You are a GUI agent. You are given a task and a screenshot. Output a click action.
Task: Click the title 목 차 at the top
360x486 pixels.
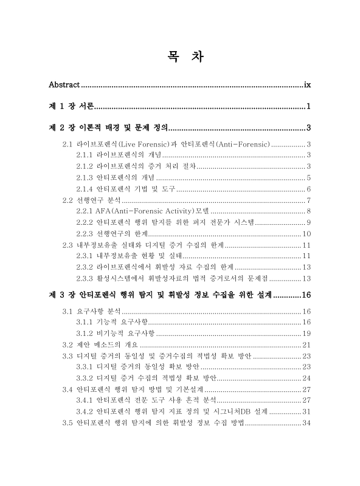pyautogui.click(x=180, y=56)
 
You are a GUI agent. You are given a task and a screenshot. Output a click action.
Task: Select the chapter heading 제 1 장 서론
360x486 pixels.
pyautogui.click(x=71, y=107)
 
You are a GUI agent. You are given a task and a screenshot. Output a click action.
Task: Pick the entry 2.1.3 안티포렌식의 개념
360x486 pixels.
pyautogui.click(x=116, y=177)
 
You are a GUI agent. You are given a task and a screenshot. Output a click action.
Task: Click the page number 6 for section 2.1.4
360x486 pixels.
pyautogui.click(x=309, y=189)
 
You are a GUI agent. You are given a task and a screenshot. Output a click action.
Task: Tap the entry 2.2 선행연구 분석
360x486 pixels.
pyautogui.click(x=91, y=200)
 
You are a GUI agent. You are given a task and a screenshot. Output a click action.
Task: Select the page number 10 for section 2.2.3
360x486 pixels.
pyautogui.click(x=307, y=233)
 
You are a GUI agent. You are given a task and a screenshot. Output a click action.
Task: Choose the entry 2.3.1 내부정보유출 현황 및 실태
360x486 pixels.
pyautogui.click(x=127, y=256)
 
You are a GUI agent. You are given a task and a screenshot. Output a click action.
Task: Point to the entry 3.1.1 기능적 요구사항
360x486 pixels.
pyautogui.click(x=112, y=322)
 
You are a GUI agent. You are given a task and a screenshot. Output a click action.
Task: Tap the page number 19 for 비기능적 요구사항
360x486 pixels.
pyautogui.click(x=307, y=333)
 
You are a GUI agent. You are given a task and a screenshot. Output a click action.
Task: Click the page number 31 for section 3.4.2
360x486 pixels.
pyautogui.click(x=307, y=411)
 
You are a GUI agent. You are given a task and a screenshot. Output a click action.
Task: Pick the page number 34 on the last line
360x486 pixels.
pyautogui.click(x=307, y=423)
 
